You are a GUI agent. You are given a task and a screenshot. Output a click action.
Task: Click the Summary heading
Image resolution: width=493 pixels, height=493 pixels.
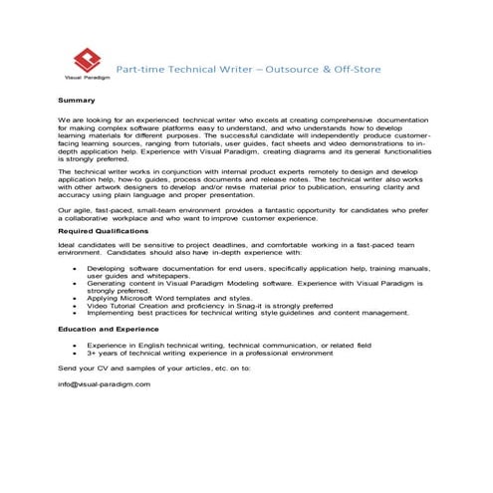76,101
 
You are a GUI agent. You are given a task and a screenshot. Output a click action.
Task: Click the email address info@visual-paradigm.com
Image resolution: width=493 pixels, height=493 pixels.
104,384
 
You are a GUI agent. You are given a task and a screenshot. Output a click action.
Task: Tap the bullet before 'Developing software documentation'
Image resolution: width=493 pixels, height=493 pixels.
77,269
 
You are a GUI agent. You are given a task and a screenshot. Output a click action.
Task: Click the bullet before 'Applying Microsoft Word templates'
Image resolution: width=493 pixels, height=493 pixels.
77,297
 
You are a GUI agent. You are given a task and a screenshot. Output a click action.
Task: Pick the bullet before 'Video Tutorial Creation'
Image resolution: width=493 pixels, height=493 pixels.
77,305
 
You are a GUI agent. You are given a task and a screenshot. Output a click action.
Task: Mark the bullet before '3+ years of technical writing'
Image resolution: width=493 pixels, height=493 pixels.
77,352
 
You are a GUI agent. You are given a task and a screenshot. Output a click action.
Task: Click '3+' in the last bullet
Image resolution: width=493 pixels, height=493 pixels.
92,352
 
